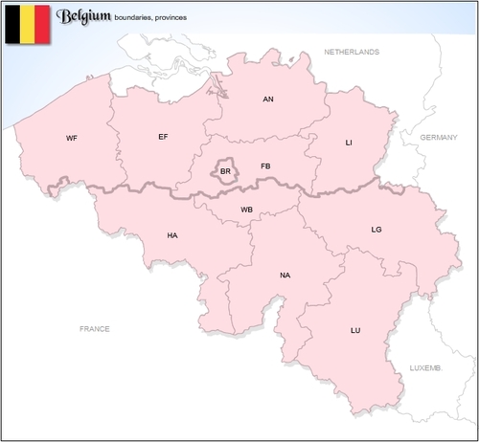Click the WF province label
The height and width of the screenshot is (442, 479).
point(72,138)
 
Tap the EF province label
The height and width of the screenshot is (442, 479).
point(163,137)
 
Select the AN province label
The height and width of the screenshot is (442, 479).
point(268,99)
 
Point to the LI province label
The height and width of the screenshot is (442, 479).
point(349,142)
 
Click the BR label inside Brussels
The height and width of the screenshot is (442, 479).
point(225,171)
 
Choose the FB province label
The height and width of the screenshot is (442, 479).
point(265,166)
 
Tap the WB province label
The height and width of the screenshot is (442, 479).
point(246,209)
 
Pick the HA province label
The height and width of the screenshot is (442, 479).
point(172,234)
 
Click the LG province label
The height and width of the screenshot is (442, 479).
point(376,229)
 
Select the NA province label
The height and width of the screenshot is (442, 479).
point(285,276)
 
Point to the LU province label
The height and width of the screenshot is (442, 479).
point(355,330)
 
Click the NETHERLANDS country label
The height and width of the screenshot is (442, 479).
point(352,52)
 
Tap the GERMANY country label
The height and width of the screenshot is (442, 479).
point(440,138)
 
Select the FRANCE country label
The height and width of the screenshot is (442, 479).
point(94,328)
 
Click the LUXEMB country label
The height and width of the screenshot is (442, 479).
point(425,367)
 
